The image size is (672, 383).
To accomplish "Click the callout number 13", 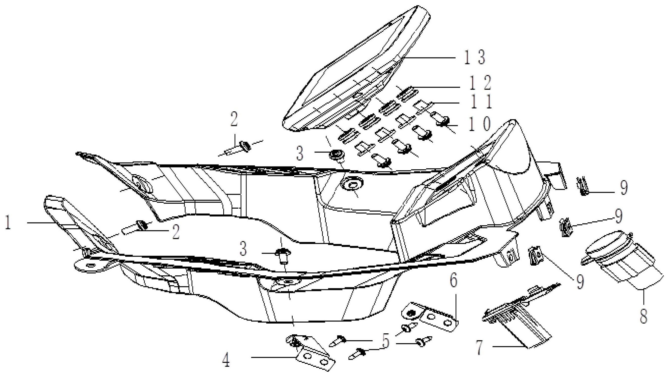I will [474, 58].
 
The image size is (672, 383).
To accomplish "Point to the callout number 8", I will [643, 316].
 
